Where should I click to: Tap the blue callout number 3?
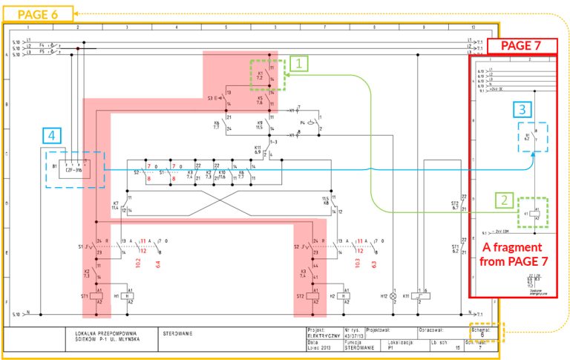[x=523, y=109]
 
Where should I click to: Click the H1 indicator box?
[x=131, y=295]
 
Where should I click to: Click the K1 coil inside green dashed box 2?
[x=536, y=215]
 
